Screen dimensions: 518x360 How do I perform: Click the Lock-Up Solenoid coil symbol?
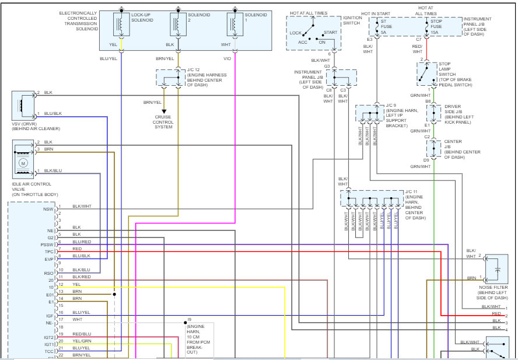click(121, 24)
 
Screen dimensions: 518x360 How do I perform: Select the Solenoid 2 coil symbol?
click(178, 24)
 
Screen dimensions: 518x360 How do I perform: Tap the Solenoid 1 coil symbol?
click(235, 24)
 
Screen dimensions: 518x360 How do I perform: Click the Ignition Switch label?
click(352, 20)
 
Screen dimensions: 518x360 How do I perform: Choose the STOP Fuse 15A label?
click(436, 27)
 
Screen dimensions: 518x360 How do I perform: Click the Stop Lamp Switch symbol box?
click(427, 74)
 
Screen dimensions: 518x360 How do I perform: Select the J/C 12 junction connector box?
click(170, 78)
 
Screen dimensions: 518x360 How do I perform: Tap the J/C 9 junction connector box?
click(370, 113)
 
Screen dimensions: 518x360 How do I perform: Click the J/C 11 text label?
click(411, 192)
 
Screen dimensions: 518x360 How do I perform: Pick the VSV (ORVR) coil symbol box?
click(23, 106)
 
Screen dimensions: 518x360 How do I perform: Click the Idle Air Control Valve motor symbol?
click(23, 163)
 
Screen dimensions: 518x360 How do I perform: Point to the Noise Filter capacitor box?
click(496, 269)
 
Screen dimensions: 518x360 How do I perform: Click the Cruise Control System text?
click(163, 122)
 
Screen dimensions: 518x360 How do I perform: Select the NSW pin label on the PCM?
click(48, 209)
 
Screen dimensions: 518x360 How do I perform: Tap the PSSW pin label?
click(47, 244)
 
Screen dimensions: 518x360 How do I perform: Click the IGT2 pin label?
click(48, 337)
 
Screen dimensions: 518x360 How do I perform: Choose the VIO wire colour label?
click(228, 59)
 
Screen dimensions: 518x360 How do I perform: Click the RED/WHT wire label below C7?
click(417, 49)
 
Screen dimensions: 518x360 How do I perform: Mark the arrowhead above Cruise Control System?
click(164, 112)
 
